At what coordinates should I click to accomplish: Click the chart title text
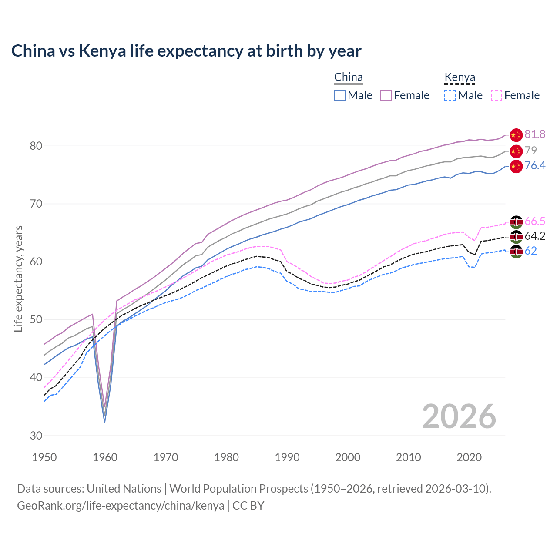coord(186,51)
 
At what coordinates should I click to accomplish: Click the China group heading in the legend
coord(348,77)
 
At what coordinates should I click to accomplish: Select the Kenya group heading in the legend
coord(460,77)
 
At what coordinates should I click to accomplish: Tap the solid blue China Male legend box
coord(340,95)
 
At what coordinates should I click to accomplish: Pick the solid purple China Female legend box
coord(386,95)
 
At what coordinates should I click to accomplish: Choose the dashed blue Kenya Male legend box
coord(450,95)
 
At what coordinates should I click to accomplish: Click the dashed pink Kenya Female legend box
coord(497,95)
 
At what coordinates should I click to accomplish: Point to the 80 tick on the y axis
coord(36,146)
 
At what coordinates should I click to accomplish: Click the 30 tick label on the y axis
coord(36,436)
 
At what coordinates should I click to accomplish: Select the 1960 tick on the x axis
coord(105,457)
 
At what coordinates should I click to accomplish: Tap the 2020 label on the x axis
coord(469,457)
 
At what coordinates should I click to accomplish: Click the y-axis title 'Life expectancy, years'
coord(18,278)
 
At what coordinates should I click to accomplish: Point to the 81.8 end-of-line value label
coord(535,134)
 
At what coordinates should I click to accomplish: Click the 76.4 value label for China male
coord(535,166)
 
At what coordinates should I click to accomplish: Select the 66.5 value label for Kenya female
coord(535,221)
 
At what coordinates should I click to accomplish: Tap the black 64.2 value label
coord(535,236)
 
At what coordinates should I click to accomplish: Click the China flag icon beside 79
coord(516,151)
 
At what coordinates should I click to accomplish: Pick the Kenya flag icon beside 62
coord(516,252)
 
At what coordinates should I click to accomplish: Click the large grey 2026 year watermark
coord(459,416)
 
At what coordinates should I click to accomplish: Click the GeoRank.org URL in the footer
coord(121,506)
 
